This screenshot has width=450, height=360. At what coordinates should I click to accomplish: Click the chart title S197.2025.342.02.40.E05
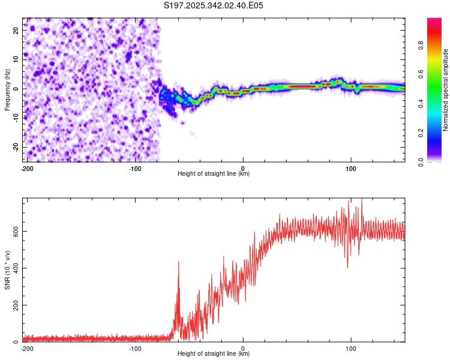point(214,5)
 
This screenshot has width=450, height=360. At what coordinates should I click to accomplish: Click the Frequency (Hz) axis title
point(8,90)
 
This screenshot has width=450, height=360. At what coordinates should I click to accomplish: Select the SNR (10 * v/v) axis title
point(8,271)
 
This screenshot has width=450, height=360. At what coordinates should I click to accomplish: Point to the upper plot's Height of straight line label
point(214,173)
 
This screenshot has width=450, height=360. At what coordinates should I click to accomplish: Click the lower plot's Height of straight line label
point(214,353)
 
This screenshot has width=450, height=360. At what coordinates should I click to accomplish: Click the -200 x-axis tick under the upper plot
point(26,167)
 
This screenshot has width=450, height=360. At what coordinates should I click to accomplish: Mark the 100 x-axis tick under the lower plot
point(351,347)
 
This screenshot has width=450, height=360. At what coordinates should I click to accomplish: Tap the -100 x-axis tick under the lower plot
point(134,347)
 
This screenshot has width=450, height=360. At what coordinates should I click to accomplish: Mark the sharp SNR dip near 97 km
point(347,266)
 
